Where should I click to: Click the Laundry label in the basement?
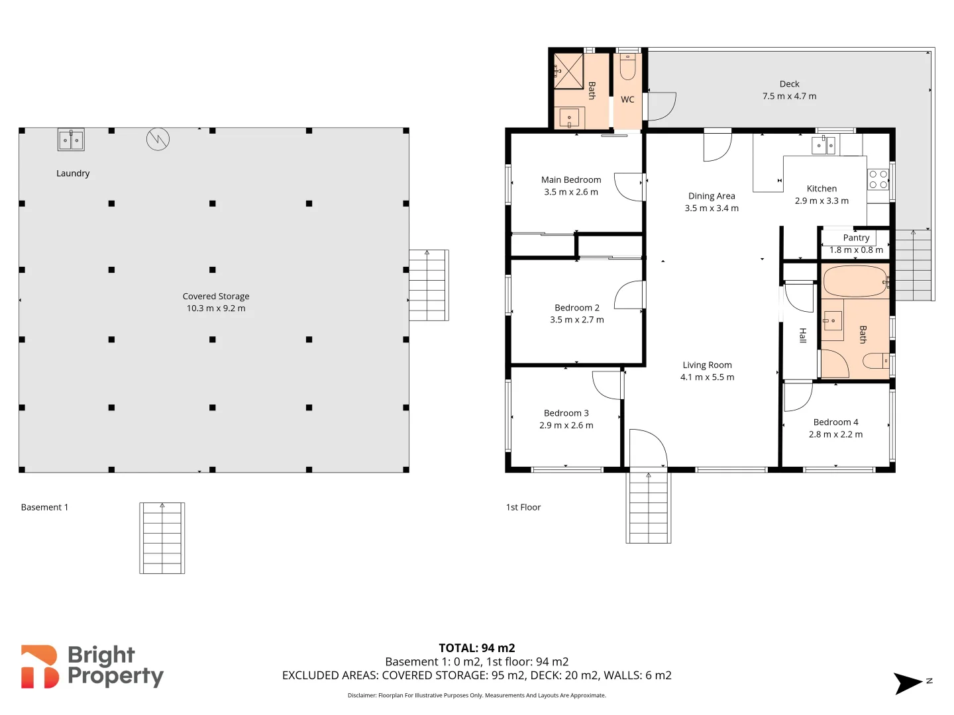click(x=73, y=173)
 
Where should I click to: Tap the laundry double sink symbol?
click(x=71, y=140)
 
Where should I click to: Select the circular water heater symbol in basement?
click(x=158, y=138)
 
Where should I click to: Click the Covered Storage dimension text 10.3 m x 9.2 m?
click(x=216, y=309)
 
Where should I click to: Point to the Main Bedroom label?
click(x=571, y=180)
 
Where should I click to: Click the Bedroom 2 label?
click(x=577, y=308)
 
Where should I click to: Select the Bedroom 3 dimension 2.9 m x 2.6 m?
click(x=566, y=426)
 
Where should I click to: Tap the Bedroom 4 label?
click(x=835, y=422)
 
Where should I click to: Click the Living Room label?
click(x=707, y=365)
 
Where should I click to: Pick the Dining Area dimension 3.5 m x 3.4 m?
click(x=712, y=209)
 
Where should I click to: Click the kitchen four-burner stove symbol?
click(x=878, y=179)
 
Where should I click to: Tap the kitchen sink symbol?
click(x=824, y=145)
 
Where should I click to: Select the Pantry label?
click(x=856, y=238)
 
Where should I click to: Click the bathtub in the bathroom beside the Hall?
click(x=855, y=281)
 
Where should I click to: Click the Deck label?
click(x=789, y=84)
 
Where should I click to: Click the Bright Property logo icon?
click(x=40, y=667)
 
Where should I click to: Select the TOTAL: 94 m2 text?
click(x=476, y=648)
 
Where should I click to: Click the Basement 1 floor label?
click(x=44, y=508)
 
